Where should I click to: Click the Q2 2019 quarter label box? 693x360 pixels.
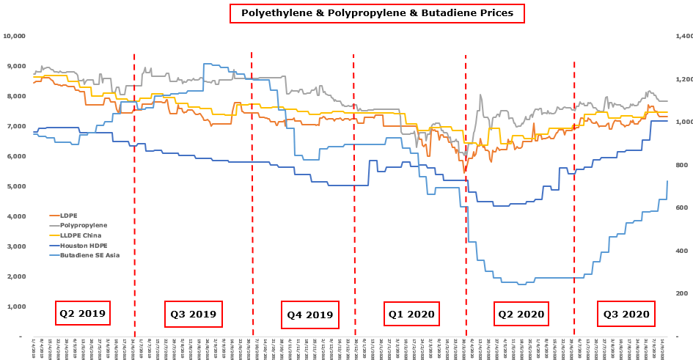coord(83,313)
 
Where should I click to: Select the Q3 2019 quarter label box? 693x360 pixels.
coord(193,314)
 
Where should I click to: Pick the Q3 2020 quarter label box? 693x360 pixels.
coord(626,314)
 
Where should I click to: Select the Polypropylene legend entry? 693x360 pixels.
coord(83,225)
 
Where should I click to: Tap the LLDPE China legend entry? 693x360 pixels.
coord(81,235)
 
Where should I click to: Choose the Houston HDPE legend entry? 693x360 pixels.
coord(83,245)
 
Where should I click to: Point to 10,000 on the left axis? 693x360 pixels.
coord(15,36)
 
